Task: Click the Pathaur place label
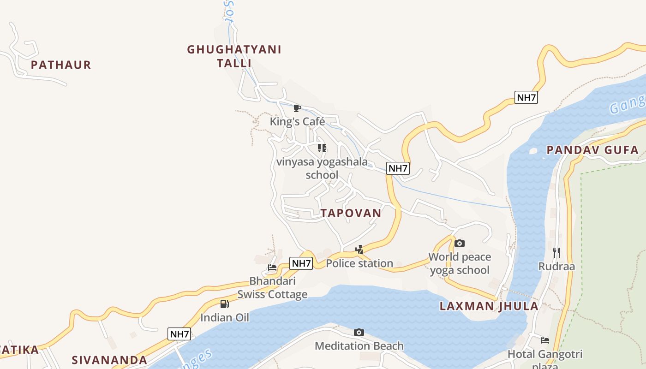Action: [x=61, y=65]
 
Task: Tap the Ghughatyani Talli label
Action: [x=234, y=56]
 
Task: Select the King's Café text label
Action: [x=298, y=122]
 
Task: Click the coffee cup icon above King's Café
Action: [x=297, y=108]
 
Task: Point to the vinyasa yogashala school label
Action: [x=322, y=168]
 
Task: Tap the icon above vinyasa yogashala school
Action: [x=322, y=148]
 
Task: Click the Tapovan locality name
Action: [x=351, y=213]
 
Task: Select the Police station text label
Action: [x=359, y=263]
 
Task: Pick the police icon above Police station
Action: [x=359, y=250]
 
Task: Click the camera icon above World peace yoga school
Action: [x=460, y=244]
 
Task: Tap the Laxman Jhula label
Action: [x=489, y=306]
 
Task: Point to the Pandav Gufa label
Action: [x=592, y=150]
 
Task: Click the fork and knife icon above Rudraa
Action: [x=556, y=253]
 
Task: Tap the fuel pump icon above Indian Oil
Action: [x=225, y=304]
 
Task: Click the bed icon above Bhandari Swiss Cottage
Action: [x=272, y=268]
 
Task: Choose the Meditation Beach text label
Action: [x=359, y=346]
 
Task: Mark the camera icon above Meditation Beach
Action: [x=359, y=333]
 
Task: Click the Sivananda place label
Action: [x=109, y=360]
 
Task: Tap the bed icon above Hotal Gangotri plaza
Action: [x=545, y=341]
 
